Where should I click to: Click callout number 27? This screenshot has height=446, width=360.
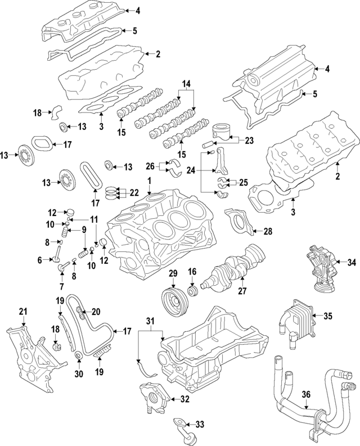pos(243,291)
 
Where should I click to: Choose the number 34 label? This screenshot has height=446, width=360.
pos(352,262)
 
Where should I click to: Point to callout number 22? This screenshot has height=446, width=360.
pos(134,192)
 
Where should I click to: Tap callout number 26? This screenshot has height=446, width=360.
pos(150,166)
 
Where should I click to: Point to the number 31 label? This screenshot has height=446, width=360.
pos(150,321)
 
